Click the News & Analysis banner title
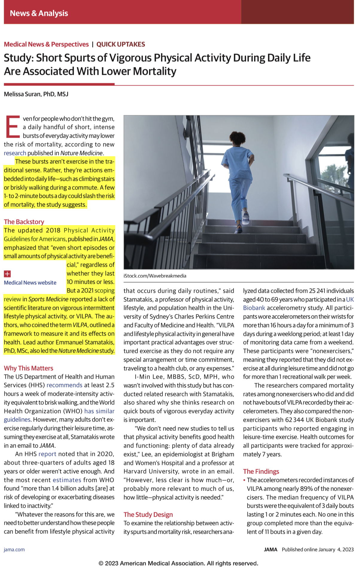(x=39, y=13)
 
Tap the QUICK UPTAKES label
(x=121, y=44)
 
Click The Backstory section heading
(x=24, y=222)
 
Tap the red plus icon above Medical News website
(x=7, y=274)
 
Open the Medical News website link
(x=30, y=283)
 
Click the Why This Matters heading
(x=28, y=368)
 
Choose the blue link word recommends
(x=64, y=385)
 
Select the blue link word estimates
(x=67, y=480)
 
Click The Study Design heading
(x=148, y=514)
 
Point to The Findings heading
(x=261, y=472)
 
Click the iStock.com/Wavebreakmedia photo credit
(x=155, y=276)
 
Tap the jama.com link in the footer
(x=14, y=550)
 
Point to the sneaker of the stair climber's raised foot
(x=246, y=217)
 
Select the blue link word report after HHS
(x=47, y=454)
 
